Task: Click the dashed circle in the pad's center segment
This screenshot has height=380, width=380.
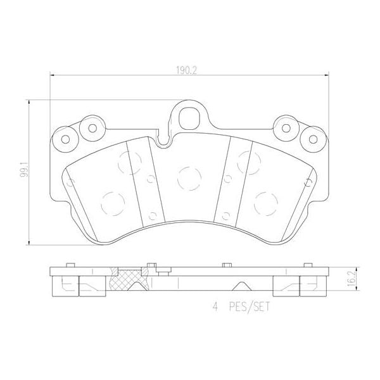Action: [x=189, y=179]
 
